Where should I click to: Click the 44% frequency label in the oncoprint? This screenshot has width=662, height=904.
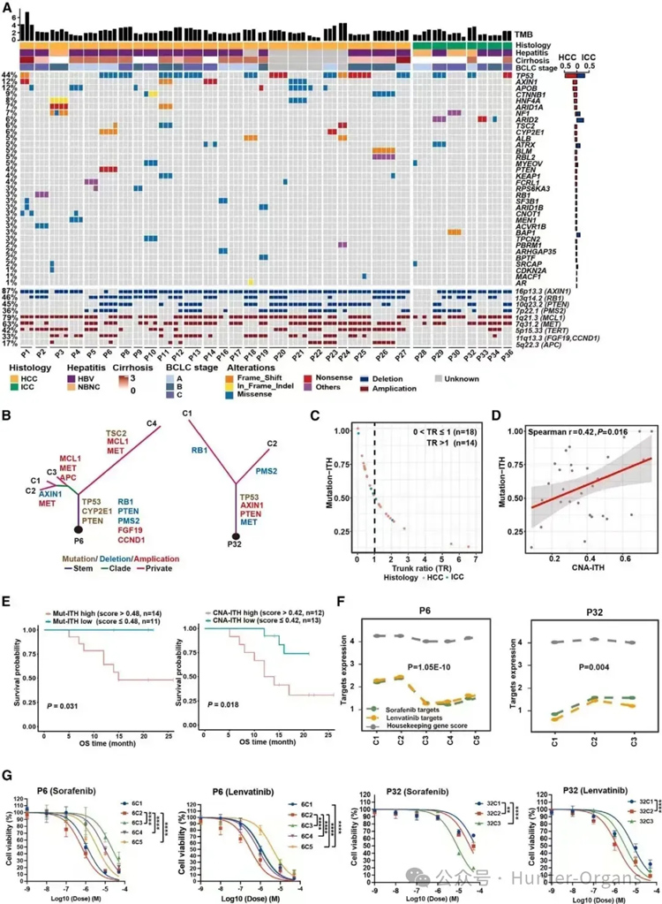(x=10, y=75)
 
